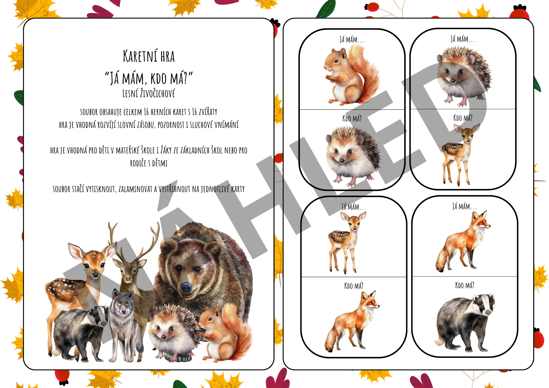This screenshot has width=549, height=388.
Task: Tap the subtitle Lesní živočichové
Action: [x=149, y=93]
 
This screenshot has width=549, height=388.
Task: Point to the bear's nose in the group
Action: [x=186, y=287]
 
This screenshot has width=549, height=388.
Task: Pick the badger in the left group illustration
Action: [x=80, y=332]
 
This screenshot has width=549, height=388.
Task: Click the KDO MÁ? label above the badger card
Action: [x=464, y=285]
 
